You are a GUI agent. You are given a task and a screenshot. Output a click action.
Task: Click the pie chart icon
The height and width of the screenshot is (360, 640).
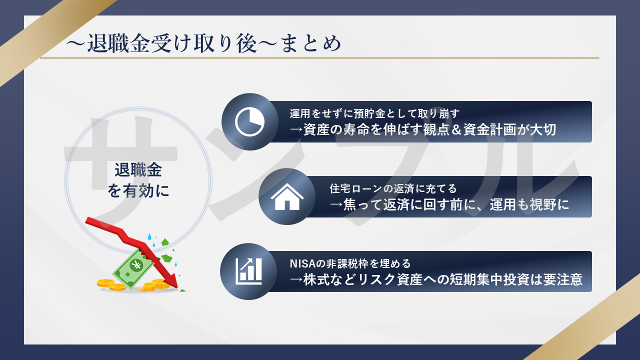coord(249,121)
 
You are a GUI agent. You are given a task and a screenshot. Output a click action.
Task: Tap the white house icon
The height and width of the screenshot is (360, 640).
coord(286,197)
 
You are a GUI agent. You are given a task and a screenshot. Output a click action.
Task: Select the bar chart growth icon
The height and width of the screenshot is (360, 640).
coord(249,271)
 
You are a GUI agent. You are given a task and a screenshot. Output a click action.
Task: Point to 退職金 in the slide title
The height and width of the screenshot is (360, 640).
coord(110,43)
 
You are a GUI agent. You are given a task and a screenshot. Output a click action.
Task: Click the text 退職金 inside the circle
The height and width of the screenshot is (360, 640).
coord(138,170)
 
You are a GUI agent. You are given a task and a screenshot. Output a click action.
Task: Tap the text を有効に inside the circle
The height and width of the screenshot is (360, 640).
coord(138,190)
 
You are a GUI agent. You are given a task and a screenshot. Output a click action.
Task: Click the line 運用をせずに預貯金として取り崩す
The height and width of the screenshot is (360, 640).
coord(377,113)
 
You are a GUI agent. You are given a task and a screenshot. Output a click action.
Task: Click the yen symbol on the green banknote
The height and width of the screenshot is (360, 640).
coord(135,265)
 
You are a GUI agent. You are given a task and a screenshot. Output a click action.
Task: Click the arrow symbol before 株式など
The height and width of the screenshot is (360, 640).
coord(296,279)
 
